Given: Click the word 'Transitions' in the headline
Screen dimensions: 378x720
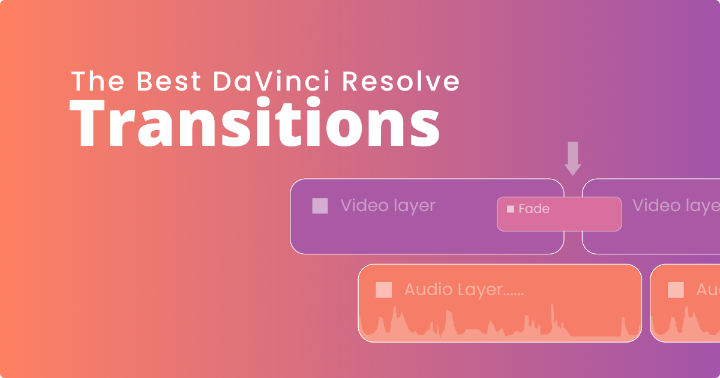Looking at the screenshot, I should [255, 125].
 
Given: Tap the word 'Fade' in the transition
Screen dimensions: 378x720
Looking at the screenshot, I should [534, 209].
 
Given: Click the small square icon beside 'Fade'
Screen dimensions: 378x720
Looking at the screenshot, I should [511, 209].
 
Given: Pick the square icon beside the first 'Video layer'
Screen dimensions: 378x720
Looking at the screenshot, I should [320, 206].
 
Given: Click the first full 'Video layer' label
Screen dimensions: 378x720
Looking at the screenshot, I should [388, 206].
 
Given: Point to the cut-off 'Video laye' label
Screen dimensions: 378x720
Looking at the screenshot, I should [676, 206].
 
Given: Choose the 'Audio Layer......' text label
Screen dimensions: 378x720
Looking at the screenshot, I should [464, 290].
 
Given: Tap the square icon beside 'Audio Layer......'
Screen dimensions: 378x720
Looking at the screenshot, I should [383, 290].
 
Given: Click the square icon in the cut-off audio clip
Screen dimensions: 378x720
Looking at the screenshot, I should [676, 290].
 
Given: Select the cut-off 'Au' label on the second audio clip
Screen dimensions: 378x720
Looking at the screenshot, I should [708, 290].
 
